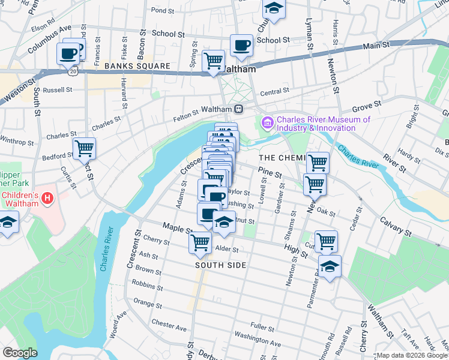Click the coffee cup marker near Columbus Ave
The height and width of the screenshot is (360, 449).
(x=68, y=53)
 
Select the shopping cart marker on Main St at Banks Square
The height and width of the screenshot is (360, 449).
(x=214, y=61)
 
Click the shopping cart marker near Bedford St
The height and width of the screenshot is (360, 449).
(x=84, y=148)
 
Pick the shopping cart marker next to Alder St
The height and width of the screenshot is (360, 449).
(x=200, y=242)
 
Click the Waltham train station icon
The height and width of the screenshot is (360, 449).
(x=239, y=109)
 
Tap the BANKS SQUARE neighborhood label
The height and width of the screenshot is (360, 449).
(x=130, y=65)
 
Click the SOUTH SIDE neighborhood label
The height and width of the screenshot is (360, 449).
(x=220, y=265)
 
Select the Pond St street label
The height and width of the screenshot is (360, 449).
(x=162, y=10)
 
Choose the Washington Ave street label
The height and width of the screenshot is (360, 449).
(x=258, y=339)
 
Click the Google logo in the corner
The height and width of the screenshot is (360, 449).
(x=20, y=352)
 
